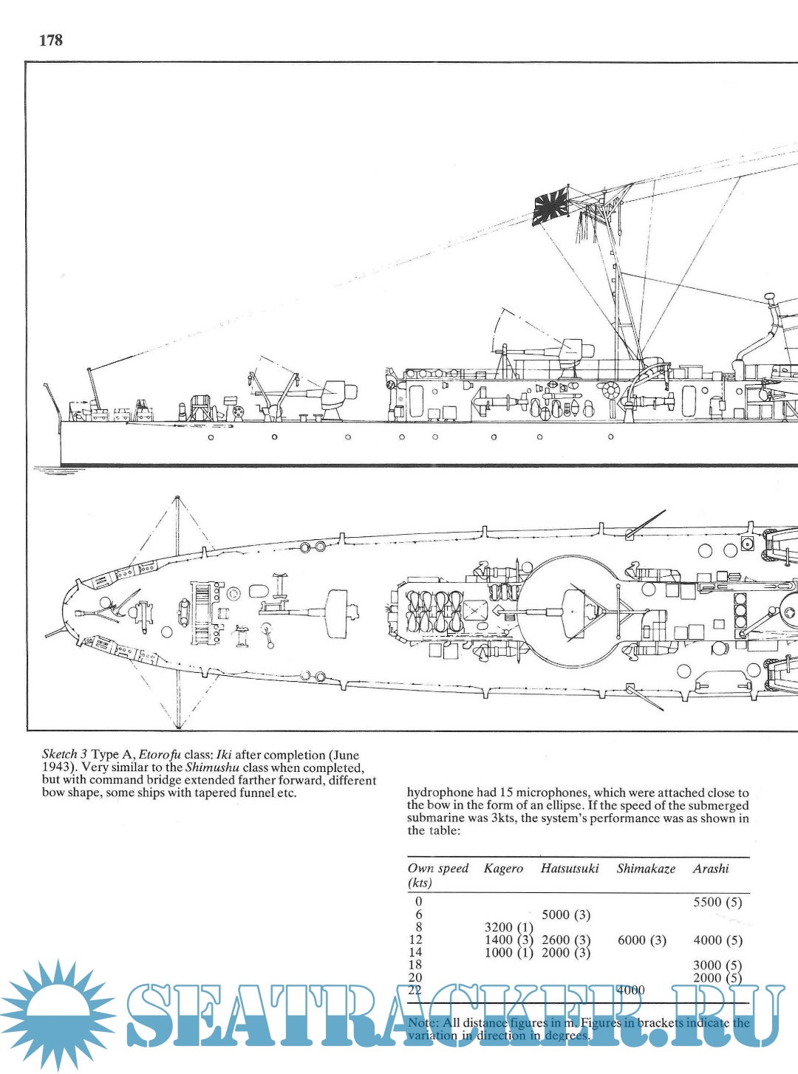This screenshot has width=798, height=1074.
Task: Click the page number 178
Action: (x=51, y=41)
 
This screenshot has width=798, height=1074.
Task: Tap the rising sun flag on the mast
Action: (x=550, y=207)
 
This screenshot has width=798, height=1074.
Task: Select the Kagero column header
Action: (x=503, y=869)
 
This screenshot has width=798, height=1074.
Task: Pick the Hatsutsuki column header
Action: (x=570, y=869)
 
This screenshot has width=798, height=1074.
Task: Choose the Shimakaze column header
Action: (x=646, y=869)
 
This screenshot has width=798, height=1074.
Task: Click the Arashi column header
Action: (x=711, y=869)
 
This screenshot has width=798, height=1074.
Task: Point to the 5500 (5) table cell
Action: (x=717, y=902)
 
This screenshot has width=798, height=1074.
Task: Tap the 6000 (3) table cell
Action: (x=641, y=940)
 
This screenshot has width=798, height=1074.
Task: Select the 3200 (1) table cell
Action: (x=508, y=928)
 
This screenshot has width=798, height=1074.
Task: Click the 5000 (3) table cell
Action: (x=566, y=914)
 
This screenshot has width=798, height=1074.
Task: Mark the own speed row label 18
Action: (x=415, y=965)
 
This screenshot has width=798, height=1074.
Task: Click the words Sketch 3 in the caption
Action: (x=65, y=755)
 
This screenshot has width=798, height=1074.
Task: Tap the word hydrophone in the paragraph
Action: (x=440, y=793)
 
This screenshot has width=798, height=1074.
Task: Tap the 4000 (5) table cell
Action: (x=717, y=940)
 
